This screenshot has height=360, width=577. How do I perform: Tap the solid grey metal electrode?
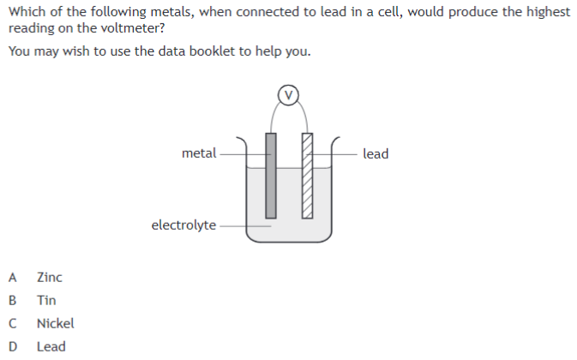(271, 176)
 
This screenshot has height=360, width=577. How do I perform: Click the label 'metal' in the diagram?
(199, 153)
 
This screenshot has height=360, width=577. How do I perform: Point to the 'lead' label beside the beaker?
(376, 153)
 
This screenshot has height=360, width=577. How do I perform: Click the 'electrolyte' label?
(183, 225)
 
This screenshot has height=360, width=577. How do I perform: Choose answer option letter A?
(12, 277)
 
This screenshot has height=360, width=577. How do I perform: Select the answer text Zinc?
(50, 277)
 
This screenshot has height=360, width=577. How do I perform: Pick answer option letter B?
(12, 300)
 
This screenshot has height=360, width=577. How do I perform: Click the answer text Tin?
(46, 300)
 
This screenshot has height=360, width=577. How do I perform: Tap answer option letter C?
(12, 323)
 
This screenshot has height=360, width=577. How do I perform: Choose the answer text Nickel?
(56, 323)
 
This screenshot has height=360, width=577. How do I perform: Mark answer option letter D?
(12, 346)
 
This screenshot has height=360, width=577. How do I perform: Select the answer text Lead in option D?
(51, 346)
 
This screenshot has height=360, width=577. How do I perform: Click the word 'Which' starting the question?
(26, 11)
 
